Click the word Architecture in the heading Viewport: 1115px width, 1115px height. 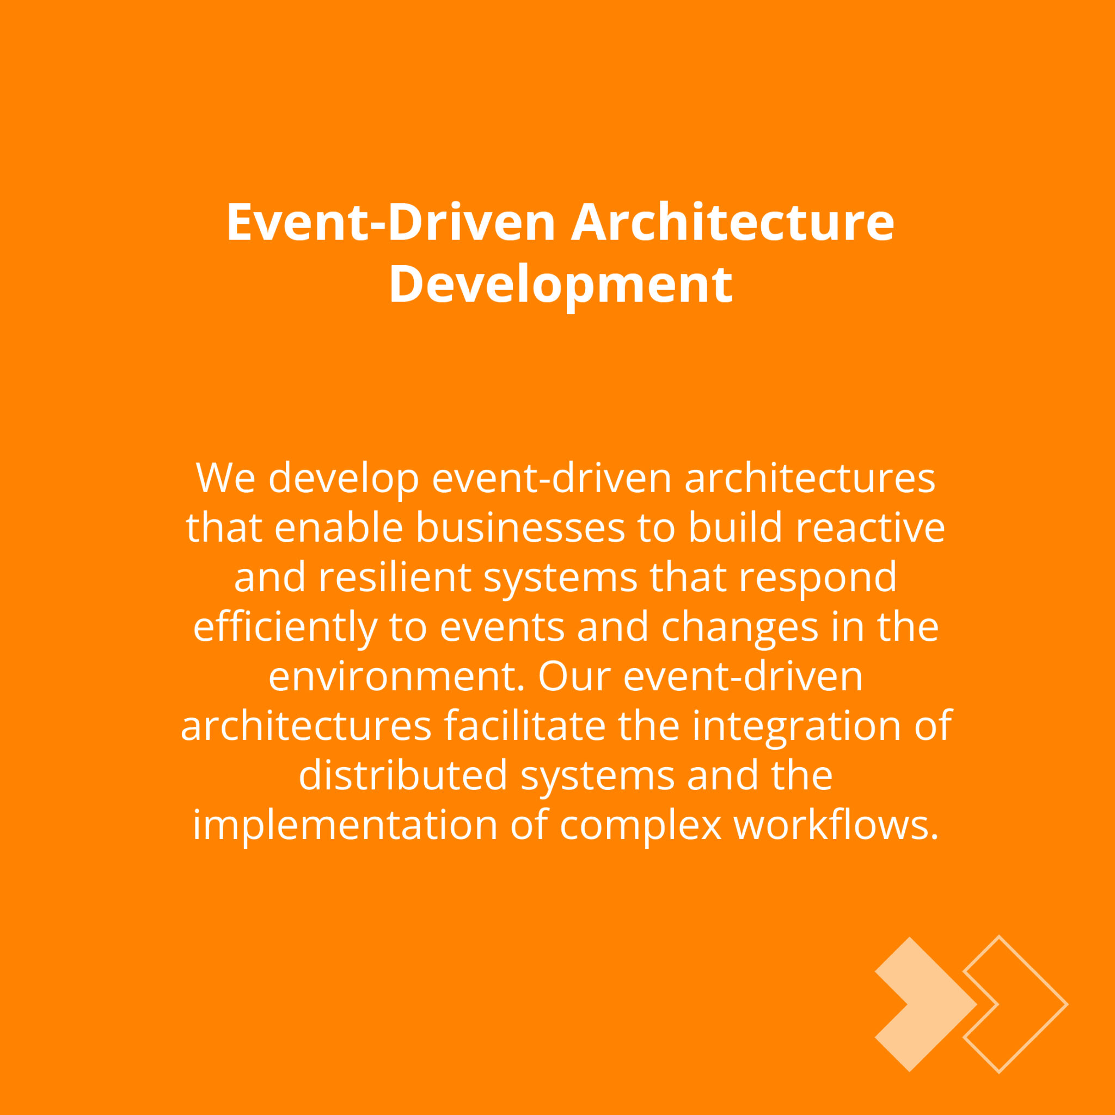pos(732,222)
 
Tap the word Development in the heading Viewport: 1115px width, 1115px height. pos(561,285)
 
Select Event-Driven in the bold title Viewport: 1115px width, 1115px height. pos(391,222)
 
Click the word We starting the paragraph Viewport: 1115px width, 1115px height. pos(225,479)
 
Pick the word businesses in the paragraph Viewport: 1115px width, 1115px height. pos(520,528)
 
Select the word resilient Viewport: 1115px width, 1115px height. pos(395,577)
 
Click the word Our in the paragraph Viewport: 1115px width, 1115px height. pos(574,676)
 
